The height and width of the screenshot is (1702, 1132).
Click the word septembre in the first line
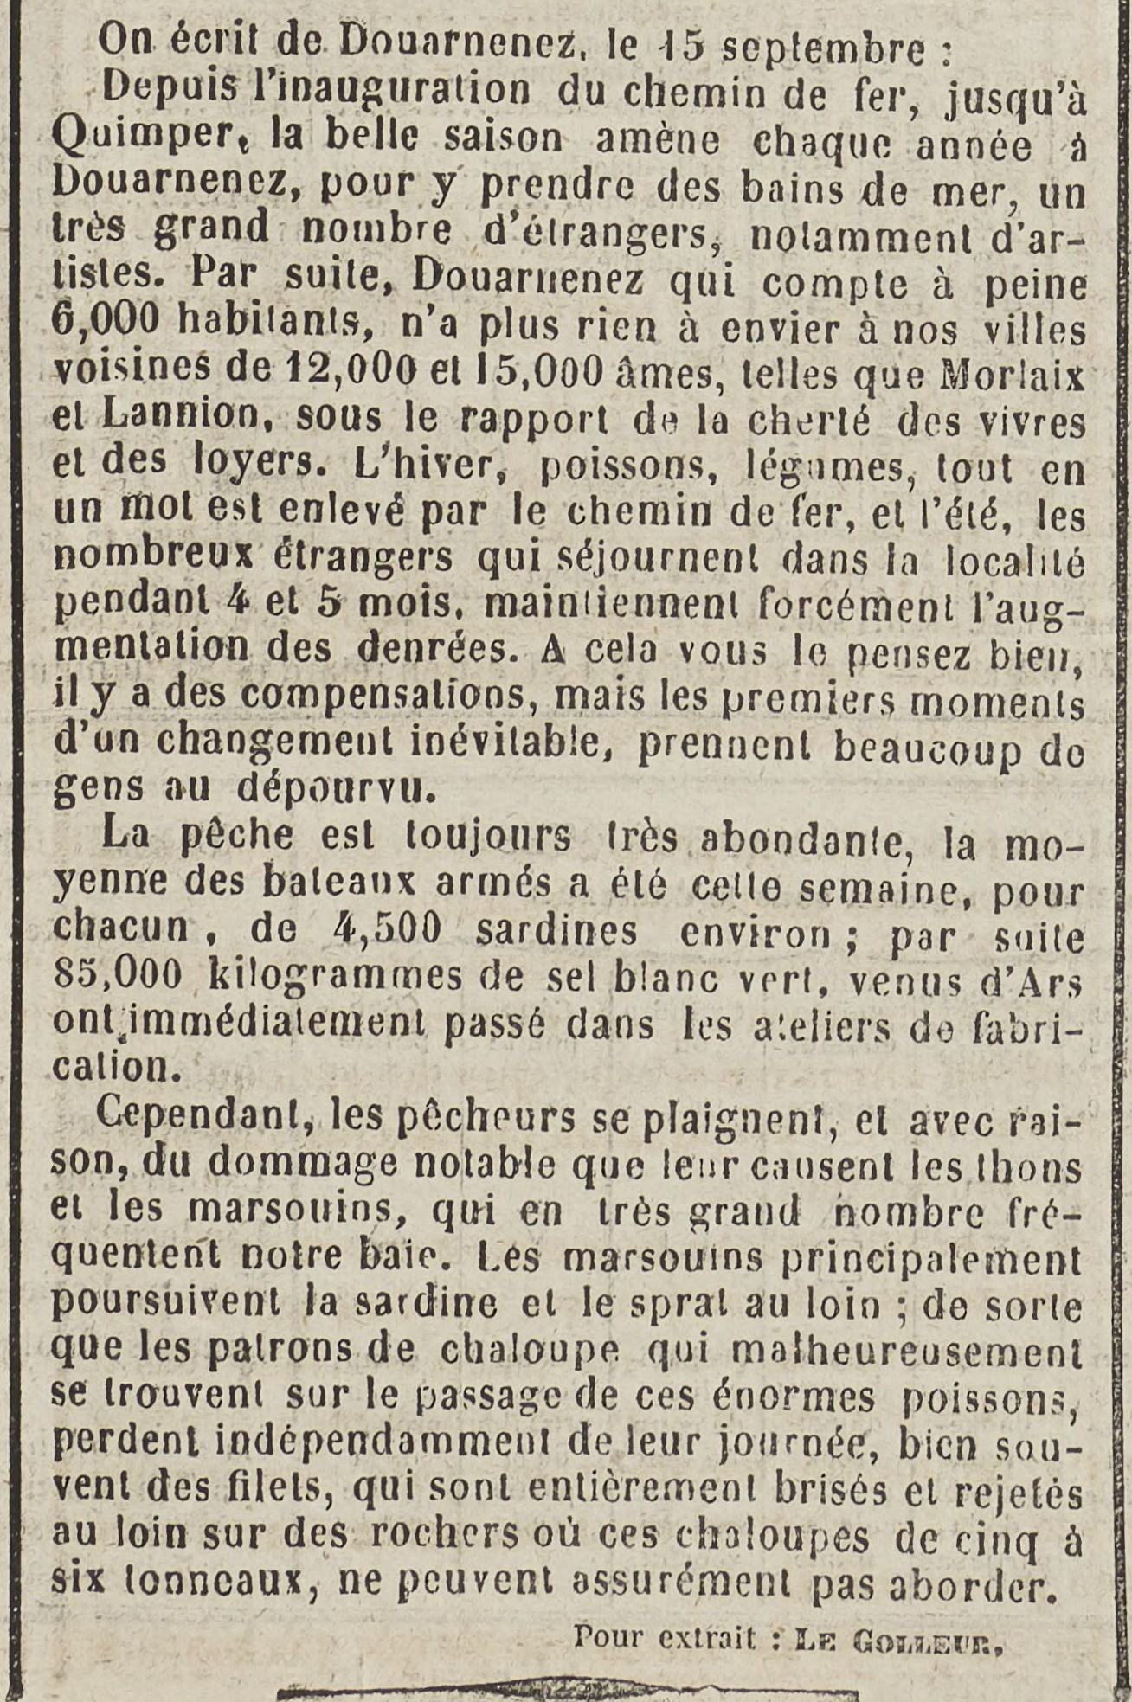[823, 51]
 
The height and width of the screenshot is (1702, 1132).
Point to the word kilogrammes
[336, 978]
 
